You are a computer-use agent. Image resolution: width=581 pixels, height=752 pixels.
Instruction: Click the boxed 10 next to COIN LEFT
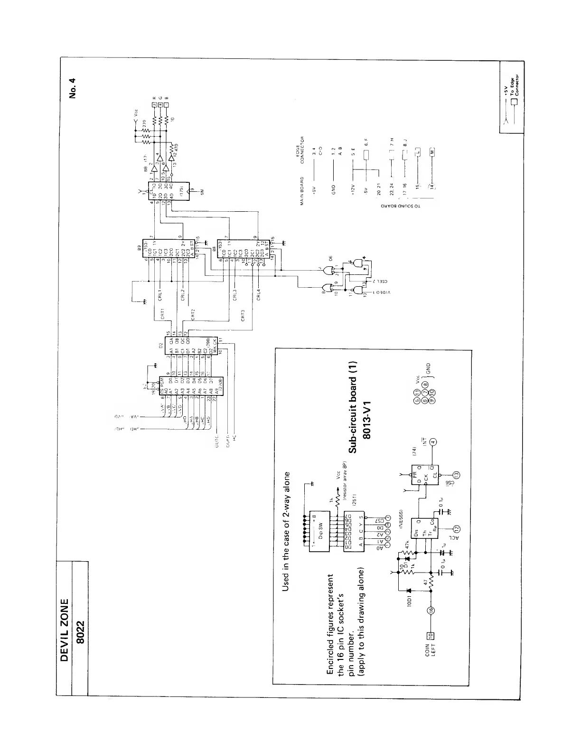point(431,635)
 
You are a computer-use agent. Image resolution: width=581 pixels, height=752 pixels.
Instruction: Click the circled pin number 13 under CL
point(456,475)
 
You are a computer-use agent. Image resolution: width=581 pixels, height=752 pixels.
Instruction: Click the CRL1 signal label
point(160,295)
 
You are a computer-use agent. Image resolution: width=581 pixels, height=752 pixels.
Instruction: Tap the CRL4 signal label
point(258,295)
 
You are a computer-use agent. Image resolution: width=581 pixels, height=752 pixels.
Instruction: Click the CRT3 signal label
point(242,316)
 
